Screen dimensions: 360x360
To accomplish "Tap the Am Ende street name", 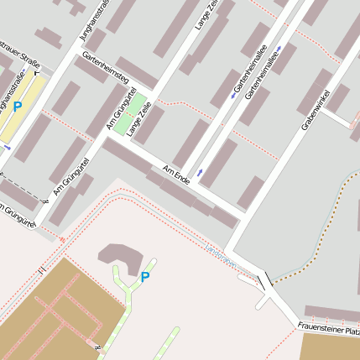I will click(x=182, y=175).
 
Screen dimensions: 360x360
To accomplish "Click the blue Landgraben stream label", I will click(x=220, y=254).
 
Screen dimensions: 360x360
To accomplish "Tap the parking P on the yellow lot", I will click(x=17, y=107).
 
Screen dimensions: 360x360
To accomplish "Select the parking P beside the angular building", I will click(x=145, y=276).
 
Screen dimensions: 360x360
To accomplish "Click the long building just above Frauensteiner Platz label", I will click(x=331, y=314).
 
